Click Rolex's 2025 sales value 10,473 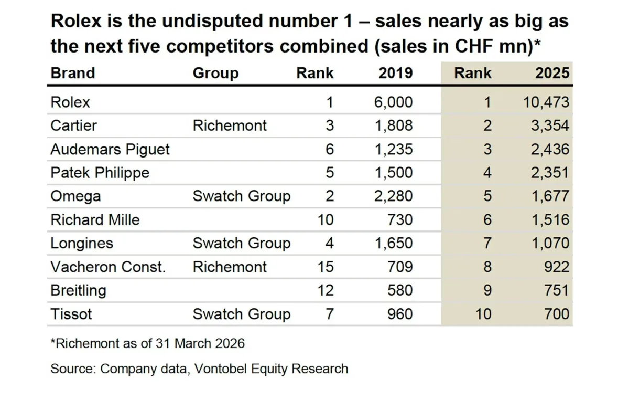tap(546, 102)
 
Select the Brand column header tap(73, 73)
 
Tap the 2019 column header tap(396, 73)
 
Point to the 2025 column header tap(552, 73)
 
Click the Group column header tap(215, 73)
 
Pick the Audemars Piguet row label tap(110, 150)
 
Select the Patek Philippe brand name tap(100, 173)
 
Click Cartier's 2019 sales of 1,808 tap(394, 126)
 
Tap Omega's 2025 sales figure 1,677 tap(551, 196)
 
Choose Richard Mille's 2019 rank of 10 tap(326, 219)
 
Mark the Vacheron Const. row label tap(108, 267)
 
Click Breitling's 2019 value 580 tap(400, 290)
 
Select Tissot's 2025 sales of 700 tap(557, 314)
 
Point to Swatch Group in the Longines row tap(242, 243)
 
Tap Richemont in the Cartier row tap(230, 126)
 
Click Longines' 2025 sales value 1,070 tap(551, 243)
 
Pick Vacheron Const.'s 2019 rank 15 tap(326, 267)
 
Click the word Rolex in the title tap(76, 21)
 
